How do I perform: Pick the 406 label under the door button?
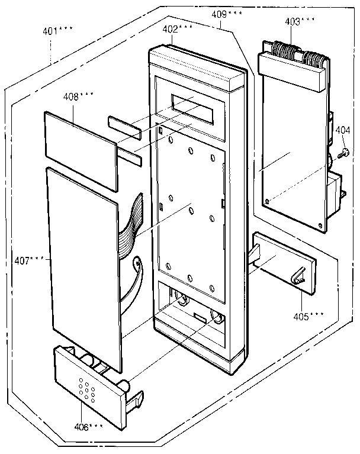(x=86, y=427)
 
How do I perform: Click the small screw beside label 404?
(x=342, y=154)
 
